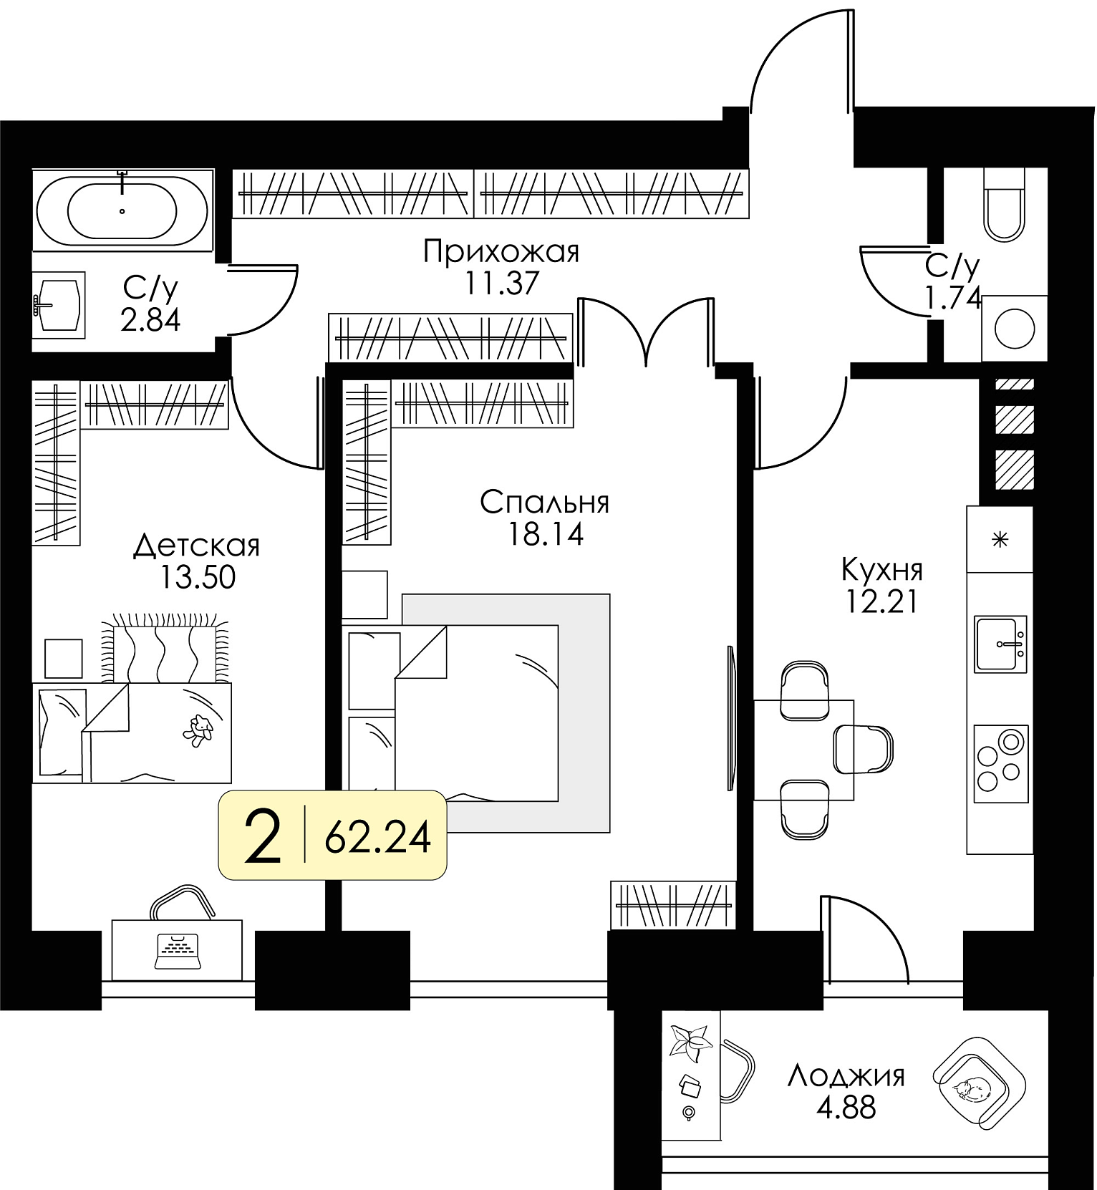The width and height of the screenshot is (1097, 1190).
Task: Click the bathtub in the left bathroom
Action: point(122,210)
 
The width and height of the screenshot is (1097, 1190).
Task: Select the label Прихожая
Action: point(501,252)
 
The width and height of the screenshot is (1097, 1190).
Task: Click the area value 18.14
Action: point(546,533)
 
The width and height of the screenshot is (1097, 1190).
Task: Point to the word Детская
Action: point(196,546)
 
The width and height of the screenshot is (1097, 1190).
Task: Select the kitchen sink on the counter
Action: point(1000,644)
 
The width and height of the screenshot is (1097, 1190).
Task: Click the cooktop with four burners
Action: point(1000,764)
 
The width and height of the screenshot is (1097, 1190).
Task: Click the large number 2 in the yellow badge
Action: point(262,835)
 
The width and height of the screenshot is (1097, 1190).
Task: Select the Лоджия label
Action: point(846,1076)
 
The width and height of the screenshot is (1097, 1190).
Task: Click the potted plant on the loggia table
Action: point(690,1039)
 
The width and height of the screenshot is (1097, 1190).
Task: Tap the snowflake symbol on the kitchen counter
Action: point(1000,539)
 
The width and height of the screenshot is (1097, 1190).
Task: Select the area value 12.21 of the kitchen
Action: point(881,601)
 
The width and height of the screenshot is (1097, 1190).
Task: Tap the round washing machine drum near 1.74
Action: point(1015,328)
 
